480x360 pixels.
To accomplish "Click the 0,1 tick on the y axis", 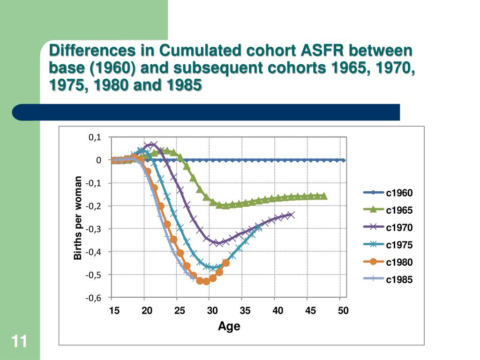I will point(95,137).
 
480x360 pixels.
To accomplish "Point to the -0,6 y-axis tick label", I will point(94,297).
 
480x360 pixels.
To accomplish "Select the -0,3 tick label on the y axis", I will point(94,229).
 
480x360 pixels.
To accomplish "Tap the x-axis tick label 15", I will point(114,311).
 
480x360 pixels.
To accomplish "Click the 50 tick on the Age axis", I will point(343,311).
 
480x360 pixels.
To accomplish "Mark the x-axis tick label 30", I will point(212,311).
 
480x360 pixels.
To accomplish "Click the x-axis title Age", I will point(229,326).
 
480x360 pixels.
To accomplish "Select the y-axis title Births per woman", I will point(78,217).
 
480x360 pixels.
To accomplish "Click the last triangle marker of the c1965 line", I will point(323,196).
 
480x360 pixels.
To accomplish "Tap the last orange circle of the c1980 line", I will point(226,262).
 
